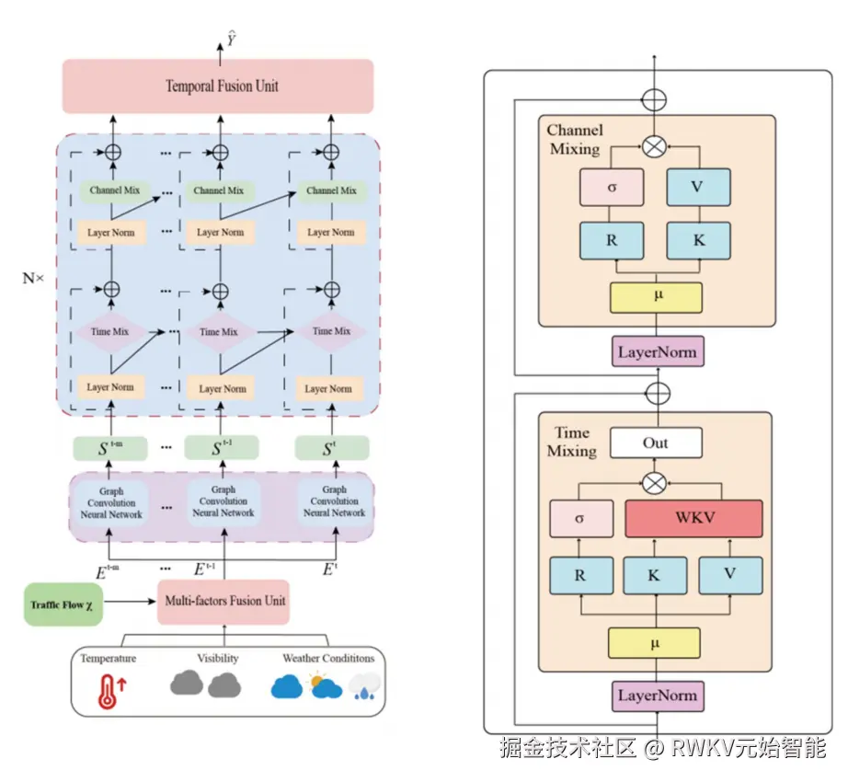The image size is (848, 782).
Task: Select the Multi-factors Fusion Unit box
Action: pos(224,601)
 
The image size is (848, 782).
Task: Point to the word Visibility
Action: pos(218,659)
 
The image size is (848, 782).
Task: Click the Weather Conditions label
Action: pos(328,659)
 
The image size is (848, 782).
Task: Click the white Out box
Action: pos(656,443)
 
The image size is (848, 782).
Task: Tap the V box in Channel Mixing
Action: pos(696,187)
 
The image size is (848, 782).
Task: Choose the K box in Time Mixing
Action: pos(655,576)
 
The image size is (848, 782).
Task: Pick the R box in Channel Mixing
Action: pos(611,240)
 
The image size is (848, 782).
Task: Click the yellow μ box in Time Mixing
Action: pos(654,642)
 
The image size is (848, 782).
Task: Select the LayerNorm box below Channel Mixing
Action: pos(657,351)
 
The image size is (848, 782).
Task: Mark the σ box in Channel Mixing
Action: pos(611,187)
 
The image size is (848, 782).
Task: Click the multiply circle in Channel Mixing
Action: pos(654,144)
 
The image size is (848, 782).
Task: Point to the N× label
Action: pos(33,276)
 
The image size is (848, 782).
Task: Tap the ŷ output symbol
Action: pos(232,39)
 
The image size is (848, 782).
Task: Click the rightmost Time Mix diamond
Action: pos(330,331)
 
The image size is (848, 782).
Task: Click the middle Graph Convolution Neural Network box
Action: pos(223,502)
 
